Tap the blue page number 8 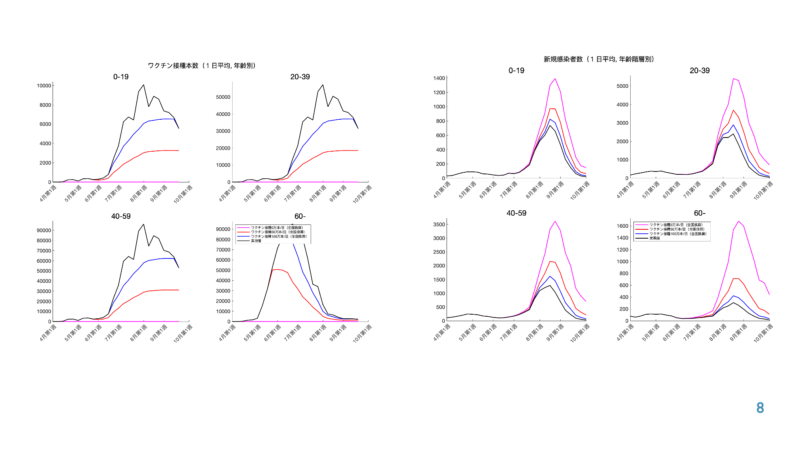click(760, 408)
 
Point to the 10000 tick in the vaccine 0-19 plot click(44, 86)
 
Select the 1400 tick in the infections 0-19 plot click(439, 78)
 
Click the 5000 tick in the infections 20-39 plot click(623, 86)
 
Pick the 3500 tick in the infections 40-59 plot click(439, 224)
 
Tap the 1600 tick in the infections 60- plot click(623, 226)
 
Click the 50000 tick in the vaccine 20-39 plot click(223, 97)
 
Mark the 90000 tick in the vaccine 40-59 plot click(44, 231)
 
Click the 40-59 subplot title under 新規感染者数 click(517, 213)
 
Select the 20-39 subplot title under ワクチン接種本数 click(300, 77)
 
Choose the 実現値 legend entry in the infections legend click(654, 238)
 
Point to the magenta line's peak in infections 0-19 click(555, 79)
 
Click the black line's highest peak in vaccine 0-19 click(144, 85)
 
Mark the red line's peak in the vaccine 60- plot click(277, 269)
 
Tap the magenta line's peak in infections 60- click(739, 221)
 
